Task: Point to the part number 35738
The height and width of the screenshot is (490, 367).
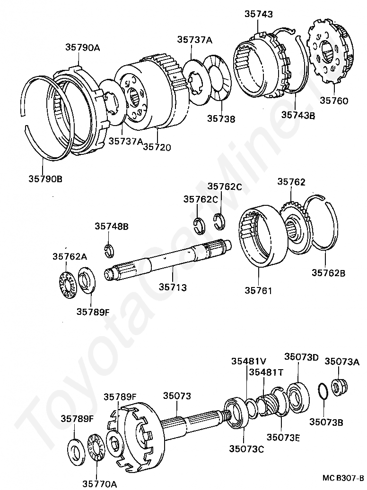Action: point(220,119)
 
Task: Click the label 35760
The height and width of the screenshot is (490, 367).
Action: point(334,100)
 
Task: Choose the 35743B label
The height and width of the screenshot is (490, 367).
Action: point(298,114)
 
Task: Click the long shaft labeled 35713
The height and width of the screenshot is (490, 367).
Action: point(166,260)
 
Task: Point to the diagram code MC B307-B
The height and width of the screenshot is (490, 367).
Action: point(343,478)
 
